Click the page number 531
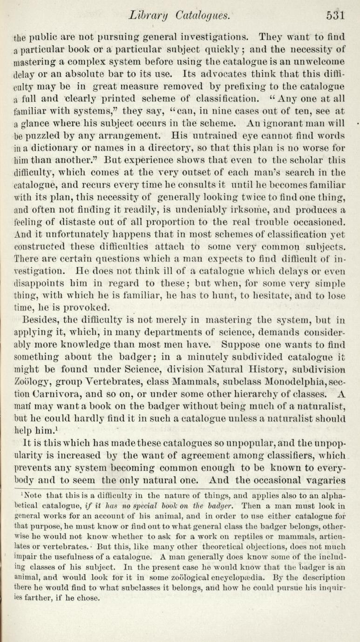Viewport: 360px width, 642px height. [x=335, y=15]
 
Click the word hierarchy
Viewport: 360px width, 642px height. [x=229, y=382]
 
